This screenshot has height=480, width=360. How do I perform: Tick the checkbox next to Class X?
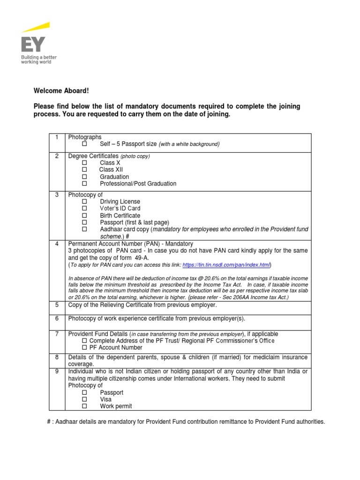(85, 163)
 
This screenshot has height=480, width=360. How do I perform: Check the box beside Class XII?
(85, 170)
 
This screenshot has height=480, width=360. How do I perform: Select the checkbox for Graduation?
(85, 177)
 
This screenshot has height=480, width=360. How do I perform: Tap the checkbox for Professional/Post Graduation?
(85, 184)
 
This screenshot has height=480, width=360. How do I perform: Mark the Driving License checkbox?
(85, 202)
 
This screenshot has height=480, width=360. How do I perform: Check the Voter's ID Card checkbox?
(85, 209)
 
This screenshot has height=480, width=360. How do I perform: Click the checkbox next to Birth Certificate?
(85, 216)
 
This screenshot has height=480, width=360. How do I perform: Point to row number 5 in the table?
(57, 305)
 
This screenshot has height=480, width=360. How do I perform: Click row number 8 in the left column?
(57, 357)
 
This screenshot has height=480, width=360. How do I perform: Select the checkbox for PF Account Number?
(85, 348)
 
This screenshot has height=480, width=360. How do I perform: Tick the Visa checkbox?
(85, 399)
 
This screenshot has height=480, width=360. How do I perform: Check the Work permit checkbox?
(85, 406)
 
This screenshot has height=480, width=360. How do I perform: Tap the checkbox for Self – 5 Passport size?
(85, 144)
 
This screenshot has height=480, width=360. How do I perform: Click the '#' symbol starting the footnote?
(49, 422)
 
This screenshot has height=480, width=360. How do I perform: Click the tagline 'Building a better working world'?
(39, 60)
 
